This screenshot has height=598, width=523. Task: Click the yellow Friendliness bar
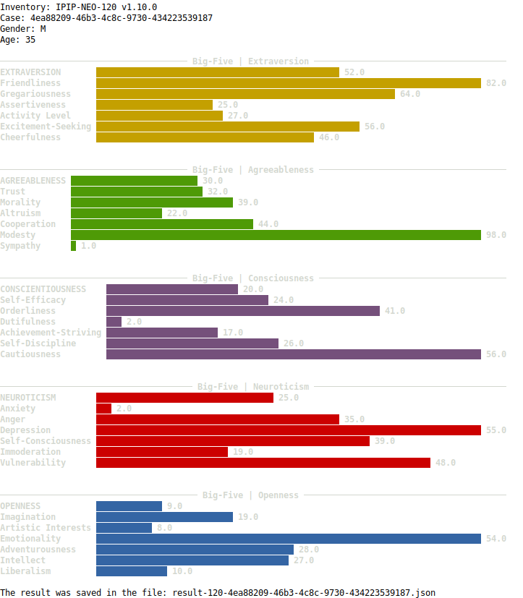[x=288, y=83]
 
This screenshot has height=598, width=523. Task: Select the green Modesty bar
[x=276, y=235]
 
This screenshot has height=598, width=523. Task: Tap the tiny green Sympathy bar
[x=73, y=246]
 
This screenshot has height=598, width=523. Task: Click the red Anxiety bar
[x=103, y=409]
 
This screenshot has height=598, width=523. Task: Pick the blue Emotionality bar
[x=288, y=539]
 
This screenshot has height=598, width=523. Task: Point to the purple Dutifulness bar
[x=114, y=322]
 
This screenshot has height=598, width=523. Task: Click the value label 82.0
[x=496, y=83]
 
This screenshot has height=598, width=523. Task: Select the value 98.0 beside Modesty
[x=496, y=235]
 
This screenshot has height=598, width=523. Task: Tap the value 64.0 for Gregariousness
[x=409, y=94]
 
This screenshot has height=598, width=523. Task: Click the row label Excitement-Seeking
[x=46, y=127]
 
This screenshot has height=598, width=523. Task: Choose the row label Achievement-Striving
[x=51, y=333]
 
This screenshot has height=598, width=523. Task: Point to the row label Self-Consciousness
[x=46, y=441]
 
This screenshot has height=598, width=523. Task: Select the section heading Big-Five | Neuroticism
[x=253, y=387]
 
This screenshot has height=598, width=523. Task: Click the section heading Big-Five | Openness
[x=250, y=495]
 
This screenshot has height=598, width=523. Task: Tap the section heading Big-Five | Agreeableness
[x=253, y=170]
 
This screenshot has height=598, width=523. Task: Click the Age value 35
[x=30, y=40]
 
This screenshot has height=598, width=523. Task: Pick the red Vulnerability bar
[x=263, y=463]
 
